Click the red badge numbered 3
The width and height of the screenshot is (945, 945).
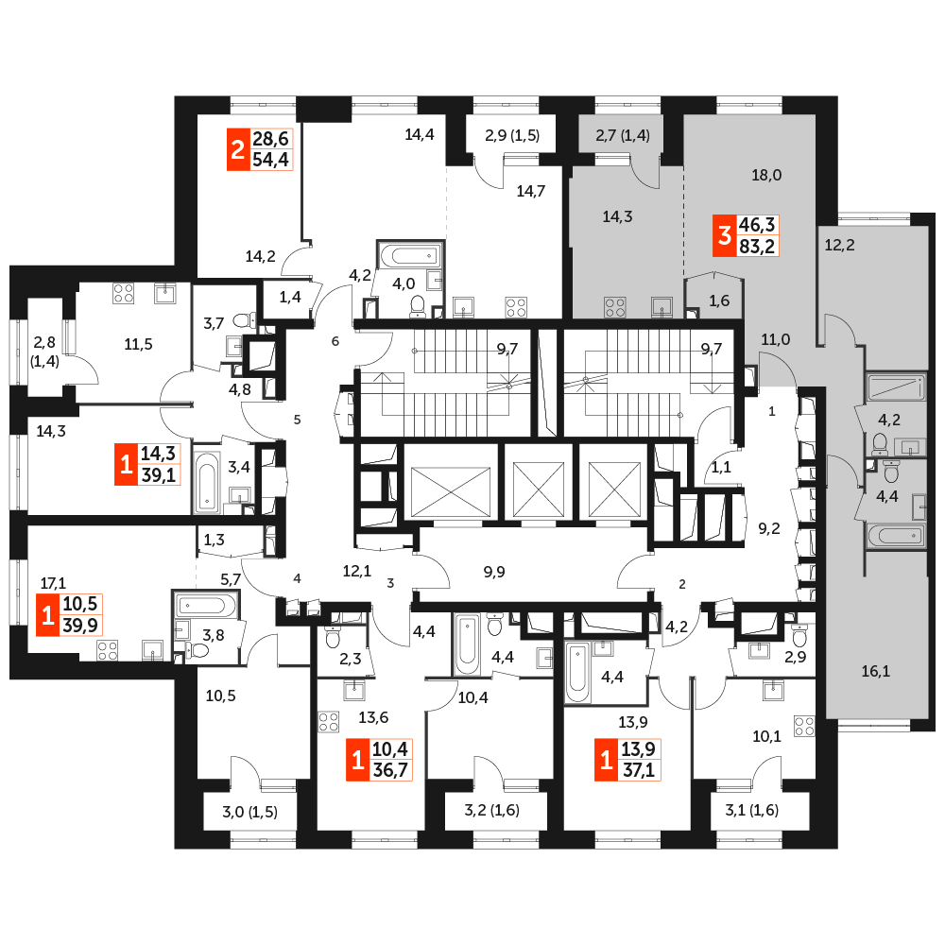pyautogui.click(x=725, y=235)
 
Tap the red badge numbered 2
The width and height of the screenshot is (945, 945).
pyautogui.click(x=238, y=149)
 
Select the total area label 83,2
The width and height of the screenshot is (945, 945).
pyautogui.click(x=757, y=247)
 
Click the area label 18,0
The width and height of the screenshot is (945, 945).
pyautogui.click(x=766, y=176)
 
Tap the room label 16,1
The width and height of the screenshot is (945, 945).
pyautogui.click(x=876, y=671)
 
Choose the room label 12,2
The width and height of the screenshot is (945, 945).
pyautogui.click(x=839, y=246)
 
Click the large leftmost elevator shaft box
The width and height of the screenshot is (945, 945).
pyautogui.click(x=451, y=482)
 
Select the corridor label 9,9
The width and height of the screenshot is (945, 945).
pyautogui.click(x=494, y=572)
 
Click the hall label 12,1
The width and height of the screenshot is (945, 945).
pyautogui.click(x=357, y=571)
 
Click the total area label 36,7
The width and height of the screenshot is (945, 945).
pyautogui.click(x=390, y=770)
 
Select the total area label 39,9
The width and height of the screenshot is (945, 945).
pyautogui.click(x=80, y=626)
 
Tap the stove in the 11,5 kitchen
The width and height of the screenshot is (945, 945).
pyautogui.click(x=124, y=294)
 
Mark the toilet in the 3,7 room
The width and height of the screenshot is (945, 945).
pyautogui.click(x=246, y=318)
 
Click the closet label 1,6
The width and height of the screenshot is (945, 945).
pyautogui.click(x=719, y=301)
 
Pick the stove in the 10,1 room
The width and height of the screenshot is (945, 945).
pyautogui.click(x=804, y=726)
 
